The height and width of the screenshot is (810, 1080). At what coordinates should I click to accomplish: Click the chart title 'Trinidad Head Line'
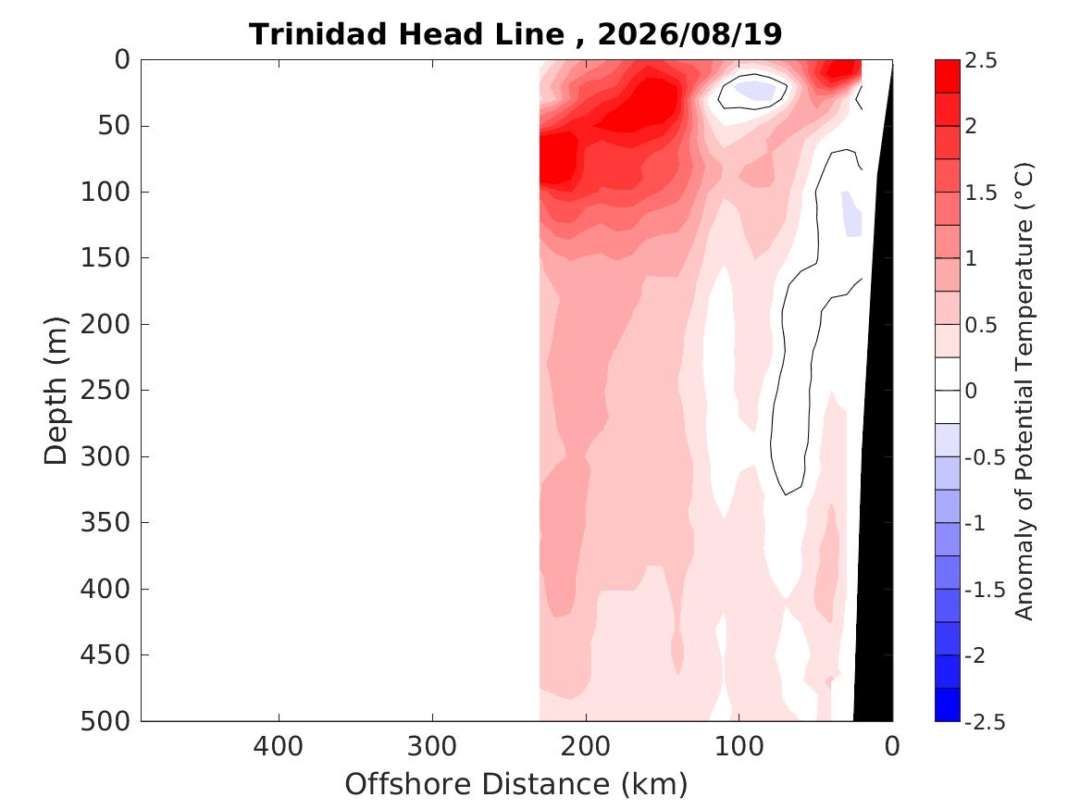click(x=407, y=33)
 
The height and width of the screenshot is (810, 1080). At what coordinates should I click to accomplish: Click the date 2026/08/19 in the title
click(x=690, y=33)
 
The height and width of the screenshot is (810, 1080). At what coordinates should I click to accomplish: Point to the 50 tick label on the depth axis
click(x=114, y=125)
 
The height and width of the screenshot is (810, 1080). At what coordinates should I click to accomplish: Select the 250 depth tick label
click(x=106, y=390)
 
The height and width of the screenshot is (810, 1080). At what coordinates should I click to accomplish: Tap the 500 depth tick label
click(x=106, y=721)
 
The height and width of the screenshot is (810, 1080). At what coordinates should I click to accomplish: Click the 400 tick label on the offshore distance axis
click(x=279, y=746)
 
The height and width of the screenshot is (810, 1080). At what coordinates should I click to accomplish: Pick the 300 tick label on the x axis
click(x=432, y=746)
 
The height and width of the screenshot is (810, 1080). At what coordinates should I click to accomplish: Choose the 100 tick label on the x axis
click(x=739, y=746)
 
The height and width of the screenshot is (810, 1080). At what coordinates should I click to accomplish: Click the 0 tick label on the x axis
click(x=892, y=746)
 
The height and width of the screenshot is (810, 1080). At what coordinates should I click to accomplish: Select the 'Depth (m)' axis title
click(x=56, y=391)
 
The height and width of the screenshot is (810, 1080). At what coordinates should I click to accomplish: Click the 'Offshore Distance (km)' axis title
click(x=515, y=784)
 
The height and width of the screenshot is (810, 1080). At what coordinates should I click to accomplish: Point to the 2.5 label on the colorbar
click(x=981, y=60)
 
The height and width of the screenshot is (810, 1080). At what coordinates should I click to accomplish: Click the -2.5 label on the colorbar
click(x=985, y=721)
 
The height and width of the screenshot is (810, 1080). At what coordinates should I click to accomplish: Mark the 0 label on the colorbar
click(x=971, y=391)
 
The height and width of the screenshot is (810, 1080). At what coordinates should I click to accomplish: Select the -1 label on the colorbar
click(x=975, y=523)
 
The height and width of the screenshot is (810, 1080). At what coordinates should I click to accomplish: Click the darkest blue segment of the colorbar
click(x=947, y=704)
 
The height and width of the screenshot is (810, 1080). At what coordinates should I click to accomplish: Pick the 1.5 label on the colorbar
click(x=981, y=193)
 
